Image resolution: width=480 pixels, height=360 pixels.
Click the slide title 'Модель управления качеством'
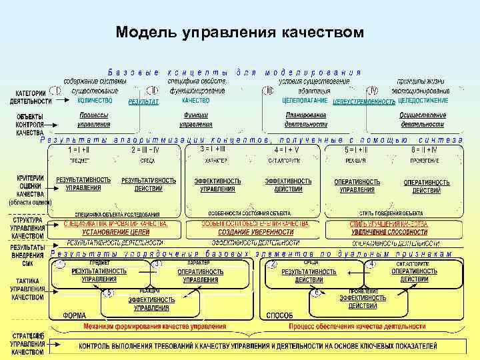240,32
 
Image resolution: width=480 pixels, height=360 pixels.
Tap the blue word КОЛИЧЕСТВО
94,101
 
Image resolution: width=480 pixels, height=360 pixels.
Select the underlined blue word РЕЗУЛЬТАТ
144,102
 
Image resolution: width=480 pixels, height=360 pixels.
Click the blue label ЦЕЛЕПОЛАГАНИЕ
305,101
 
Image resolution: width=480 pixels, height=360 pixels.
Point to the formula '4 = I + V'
287,150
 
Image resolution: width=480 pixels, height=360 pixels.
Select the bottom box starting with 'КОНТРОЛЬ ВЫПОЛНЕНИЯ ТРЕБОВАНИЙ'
258,347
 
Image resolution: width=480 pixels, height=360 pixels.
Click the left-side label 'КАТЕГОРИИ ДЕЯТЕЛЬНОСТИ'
31,97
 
